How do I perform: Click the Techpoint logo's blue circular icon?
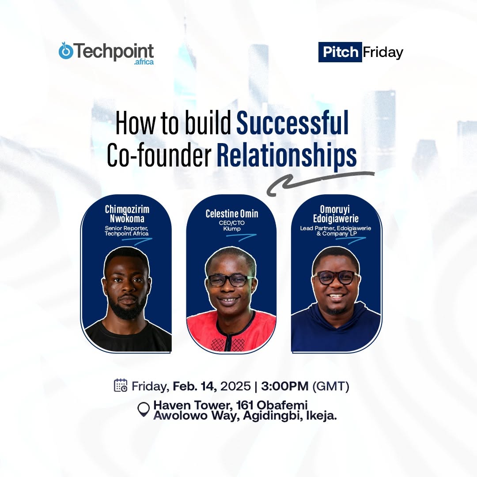(66, 51)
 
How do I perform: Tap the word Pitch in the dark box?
(340, 52)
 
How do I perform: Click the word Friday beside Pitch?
(382, 53)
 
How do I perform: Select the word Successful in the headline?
(292, 123)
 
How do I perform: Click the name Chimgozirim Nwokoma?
(127, 214)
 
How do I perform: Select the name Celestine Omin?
(232, 214)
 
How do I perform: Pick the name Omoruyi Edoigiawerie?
(336, 214)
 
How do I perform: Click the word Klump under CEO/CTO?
(232, 229)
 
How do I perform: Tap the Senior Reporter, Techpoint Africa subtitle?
(127, 231)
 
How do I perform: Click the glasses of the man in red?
(230, 280)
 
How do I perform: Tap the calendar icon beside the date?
(121, 386)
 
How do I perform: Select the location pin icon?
(144, 409)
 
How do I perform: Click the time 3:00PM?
(284, 386)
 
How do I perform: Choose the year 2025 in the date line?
(235, 386)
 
